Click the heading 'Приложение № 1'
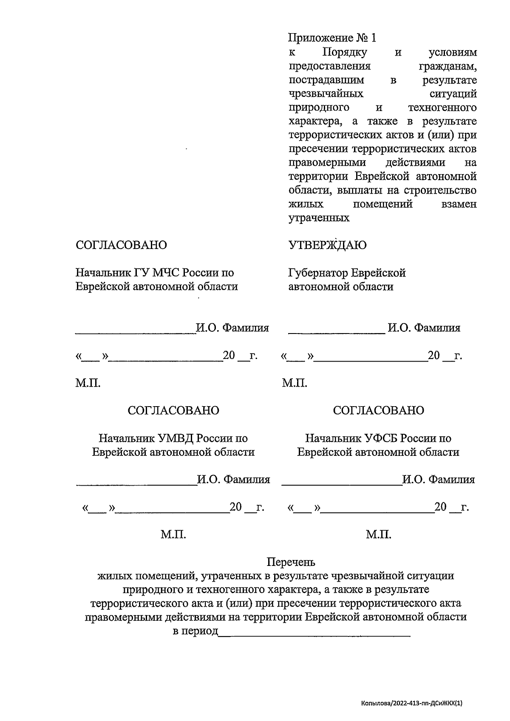tap(332, 38)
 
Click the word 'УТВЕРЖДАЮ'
tap(327, 245)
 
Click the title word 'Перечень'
tap(291, 563)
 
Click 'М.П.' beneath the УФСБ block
tap(379, 534)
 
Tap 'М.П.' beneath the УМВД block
tap(173, 534)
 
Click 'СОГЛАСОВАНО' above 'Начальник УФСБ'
tap(379, 410)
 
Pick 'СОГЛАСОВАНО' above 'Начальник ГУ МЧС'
tap(121, 245)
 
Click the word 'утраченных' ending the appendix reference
tap(319, 218)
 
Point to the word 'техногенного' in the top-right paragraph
tap(442, 107)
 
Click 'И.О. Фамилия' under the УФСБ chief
tap(439, 480)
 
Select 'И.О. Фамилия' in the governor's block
tap(424, 328)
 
